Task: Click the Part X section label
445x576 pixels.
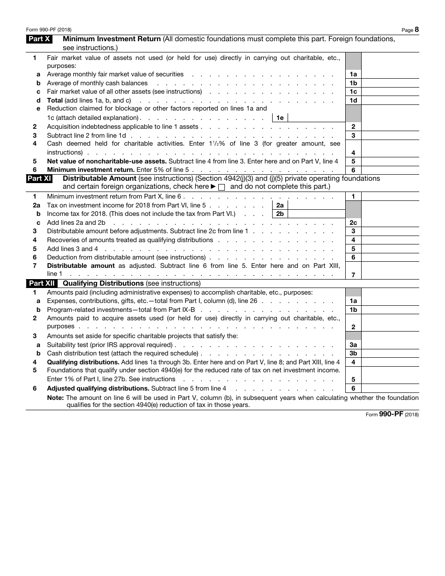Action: pos(39,39)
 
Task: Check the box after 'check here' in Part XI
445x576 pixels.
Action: pos(222,187)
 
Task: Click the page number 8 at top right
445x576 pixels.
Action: pos(416,30)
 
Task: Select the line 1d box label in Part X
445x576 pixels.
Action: pos(353,100)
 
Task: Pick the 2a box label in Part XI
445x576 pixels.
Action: pos(280,205)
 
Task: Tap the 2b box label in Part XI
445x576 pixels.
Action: pos(280,214)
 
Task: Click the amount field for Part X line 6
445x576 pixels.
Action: pos(390,170)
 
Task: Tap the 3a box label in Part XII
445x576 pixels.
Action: pos(353,345)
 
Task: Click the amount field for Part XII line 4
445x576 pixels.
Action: pos(390,362)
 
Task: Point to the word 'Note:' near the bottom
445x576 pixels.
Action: pos(56,398)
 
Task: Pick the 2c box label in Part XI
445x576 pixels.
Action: pos(353,223)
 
